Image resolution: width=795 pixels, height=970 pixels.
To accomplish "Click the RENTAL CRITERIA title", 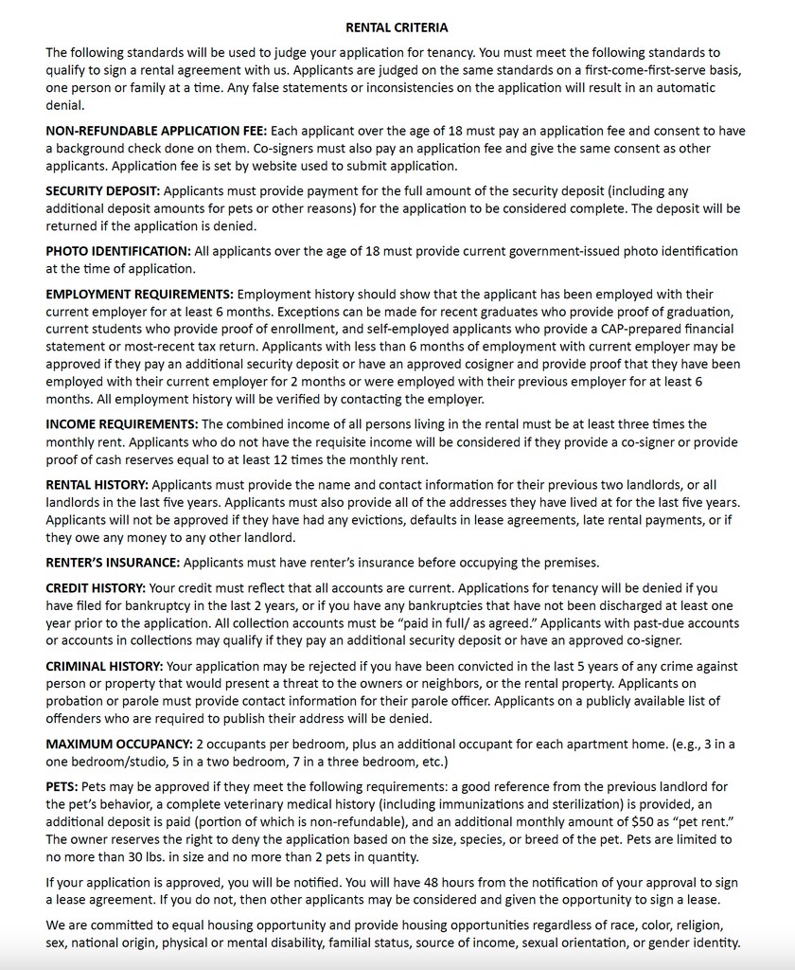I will click(397, 28).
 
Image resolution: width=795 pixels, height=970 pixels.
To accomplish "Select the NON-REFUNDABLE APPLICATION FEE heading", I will click(156, 131).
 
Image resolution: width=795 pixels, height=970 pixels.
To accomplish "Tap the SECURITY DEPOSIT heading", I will click(102, 191).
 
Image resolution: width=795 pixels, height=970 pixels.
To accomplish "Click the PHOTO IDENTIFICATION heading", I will click(118, 252).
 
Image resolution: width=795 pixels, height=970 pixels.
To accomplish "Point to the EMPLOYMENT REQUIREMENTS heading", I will click(139, 295).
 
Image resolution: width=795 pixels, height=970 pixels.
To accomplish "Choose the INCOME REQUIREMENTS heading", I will click(121, 424).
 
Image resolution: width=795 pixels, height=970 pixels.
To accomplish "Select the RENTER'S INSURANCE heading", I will click(113, 563).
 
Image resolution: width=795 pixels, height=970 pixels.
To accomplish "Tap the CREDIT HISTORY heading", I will click(96, 588).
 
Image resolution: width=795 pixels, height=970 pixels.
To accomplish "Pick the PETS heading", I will click(62, 787).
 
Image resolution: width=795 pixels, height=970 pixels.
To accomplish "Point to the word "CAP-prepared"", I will click(642, 330).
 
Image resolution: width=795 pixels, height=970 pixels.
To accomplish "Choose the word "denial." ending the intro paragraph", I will click(64, 105).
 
